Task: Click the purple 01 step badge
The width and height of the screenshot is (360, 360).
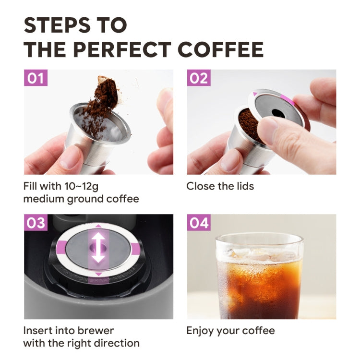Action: (x=36, y=78)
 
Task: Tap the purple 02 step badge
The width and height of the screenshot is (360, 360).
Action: (x=199, y=78)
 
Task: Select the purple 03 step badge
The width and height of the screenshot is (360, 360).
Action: (x=36, y=223)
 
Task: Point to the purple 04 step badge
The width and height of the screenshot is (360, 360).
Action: (x=199, y=223)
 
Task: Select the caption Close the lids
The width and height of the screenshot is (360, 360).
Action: (x=220, y=186)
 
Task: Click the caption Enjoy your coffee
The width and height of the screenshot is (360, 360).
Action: (x=230, y=330)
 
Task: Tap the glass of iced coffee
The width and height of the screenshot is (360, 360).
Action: (x=259, y=276)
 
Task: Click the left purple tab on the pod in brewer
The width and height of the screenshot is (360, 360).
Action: (x=61, y=247)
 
